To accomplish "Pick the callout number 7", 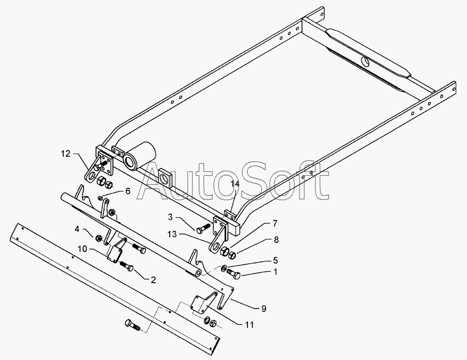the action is [274, 224].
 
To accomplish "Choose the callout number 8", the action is [276, 240].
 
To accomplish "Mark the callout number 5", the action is [276, 260].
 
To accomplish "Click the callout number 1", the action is [276, 271].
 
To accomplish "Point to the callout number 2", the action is [153, 280].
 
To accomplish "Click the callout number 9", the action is [264, 309].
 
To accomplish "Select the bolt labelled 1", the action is [233, 274].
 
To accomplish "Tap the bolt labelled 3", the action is [202, 228].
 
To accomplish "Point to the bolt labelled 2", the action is [127, 267].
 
